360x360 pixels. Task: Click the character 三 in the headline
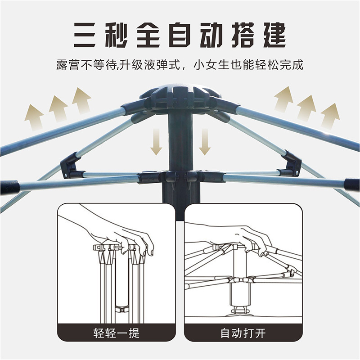coord(85,35)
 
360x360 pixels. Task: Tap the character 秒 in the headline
coord(116,35)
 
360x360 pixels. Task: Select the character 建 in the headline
coord(274,35)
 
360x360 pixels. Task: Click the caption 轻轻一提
coord(117,333)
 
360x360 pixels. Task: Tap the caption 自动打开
coord(243,333)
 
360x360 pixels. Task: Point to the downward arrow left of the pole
coord(156,141)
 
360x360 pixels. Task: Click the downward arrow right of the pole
coord(205,141)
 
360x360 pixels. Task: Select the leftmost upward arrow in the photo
coord(35,117)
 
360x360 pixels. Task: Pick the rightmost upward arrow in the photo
coord(330,116)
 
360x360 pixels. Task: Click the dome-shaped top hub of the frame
coord(180,96)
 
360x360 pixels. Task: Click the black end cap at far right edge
coord(353,184)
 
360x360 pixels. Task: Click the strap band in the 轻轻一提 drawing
coord(121,310)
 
